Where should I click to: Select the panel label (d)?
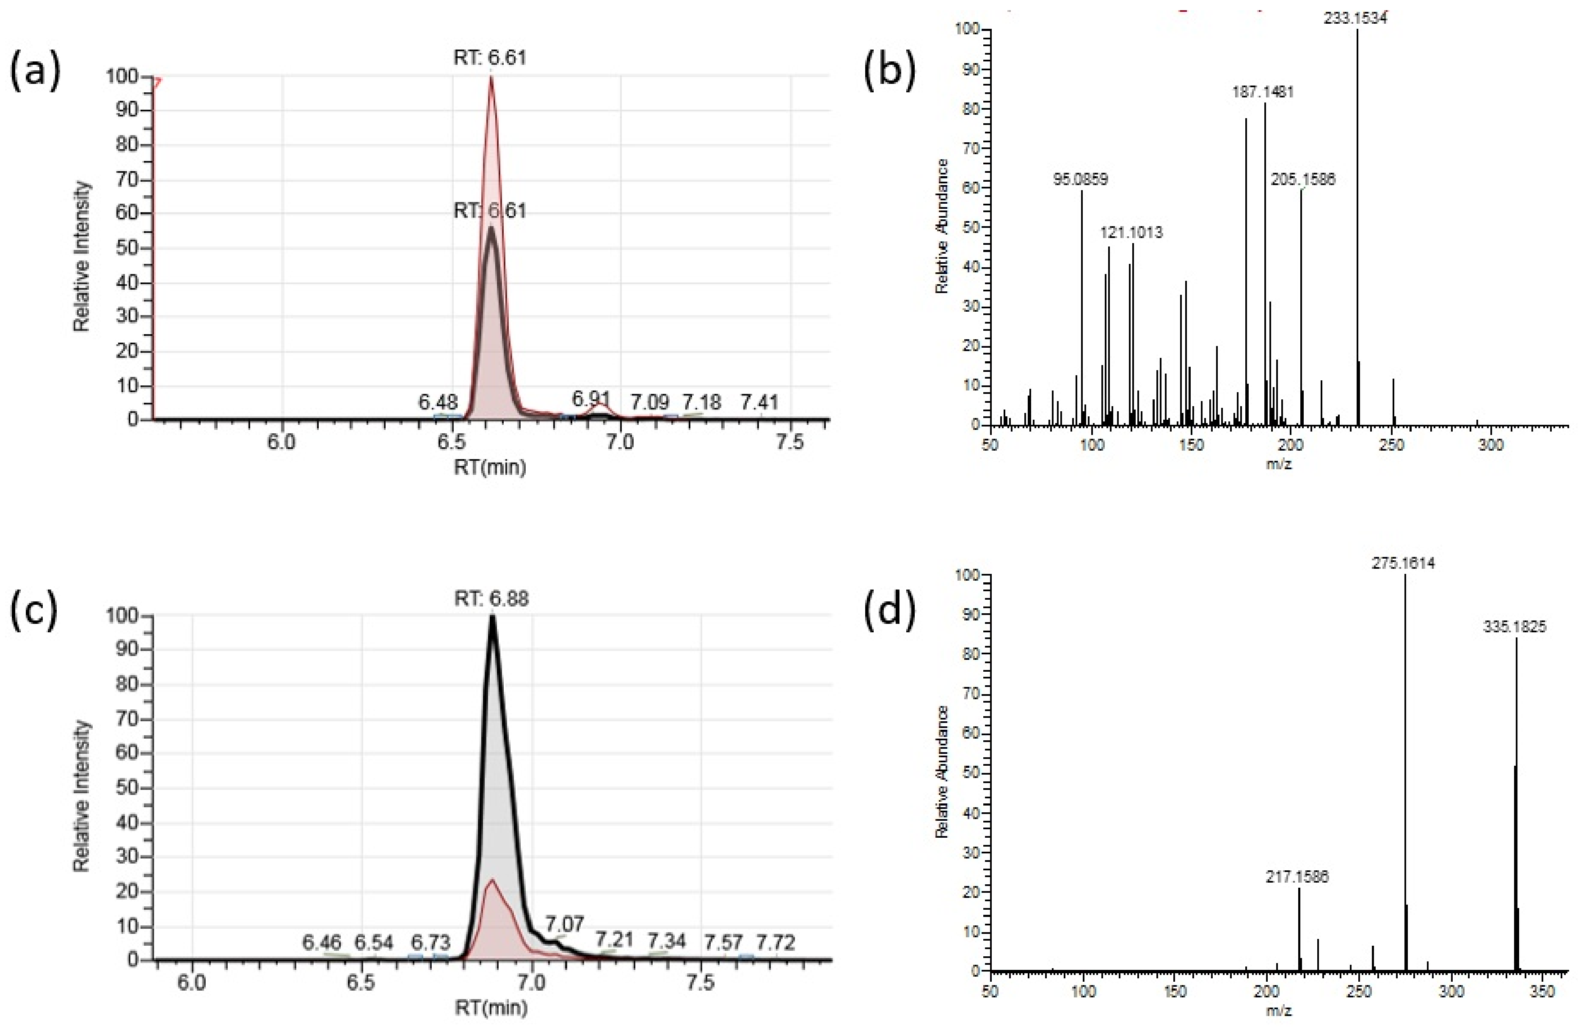click(x=889, y=611)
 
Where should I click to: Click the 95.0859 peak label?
click(x=1081, y=179)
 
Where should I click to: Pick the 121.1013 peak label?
click(x=1131, y=233)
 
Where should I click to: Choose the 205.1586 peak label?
click(x=1303, y=179)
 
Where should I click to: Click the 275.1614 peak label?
click(x=1403, y=563)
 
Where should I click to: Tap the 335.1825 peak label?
click(x=1515, y=626)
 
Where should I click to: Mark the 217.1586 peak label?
click(x=1297, y=877)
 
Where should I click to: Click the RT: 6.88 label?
click(x=491, y=599)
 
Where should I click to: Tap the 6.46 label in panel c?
click(x=322, y=942)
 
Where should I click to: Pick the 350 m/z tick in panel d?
click(x=1542, y=991)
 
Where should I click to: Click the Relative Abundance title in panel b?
click(x=941, y=226)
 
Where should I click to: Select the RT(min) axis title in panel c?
click(x=491, y=1008)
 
